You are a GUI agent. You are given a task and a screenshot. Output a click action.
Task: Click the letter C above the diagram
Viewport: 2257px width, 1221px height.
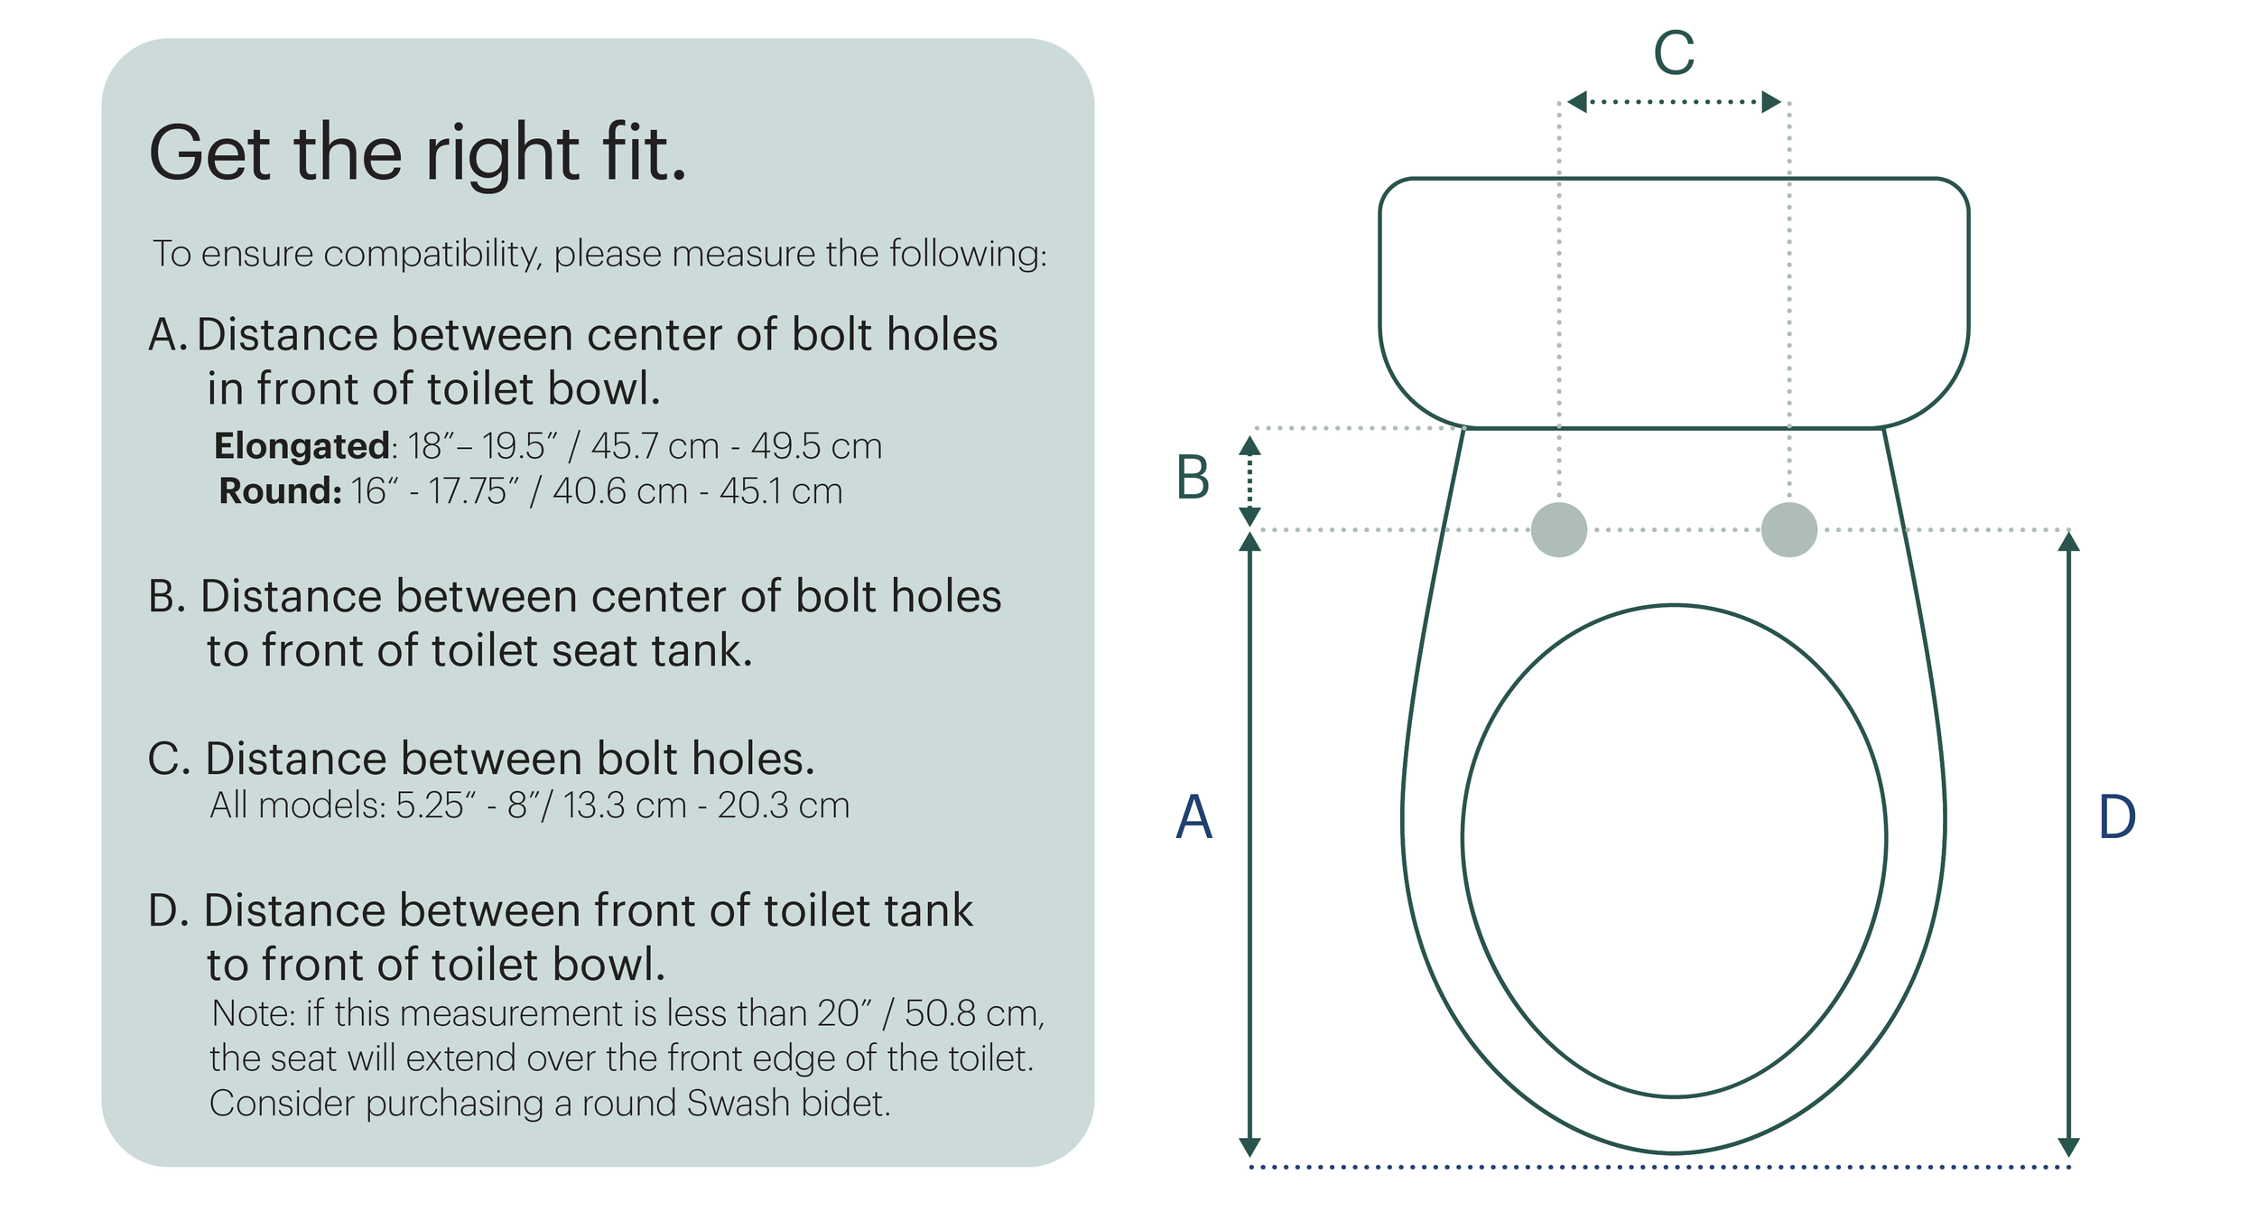click(x=1673, y=53)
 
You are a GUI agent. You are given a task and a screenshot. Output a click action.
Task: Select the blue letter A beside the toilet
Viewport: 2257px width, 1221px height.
click(x=1194, y=816)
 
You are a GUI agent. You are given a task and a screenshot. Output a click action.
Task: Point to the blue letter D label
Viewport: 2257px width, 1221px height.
click(x=2117, y=816)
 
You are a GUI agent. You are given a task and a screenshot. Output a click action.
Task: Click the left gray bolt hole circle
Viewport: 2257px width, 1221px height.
click(x=1558, y=529)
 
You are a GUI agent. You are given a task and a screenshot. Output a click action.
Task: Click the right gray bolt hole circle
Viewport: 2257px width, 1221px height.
click(x=1788, y=529)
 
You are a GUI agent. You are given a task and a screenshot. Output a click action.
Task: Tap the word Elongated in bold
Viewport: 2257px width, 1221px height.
click(x=302, y=445)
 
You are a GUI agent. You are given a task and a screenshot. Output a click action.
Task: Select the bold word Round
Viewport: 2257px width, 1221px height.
click(x=279, y=491)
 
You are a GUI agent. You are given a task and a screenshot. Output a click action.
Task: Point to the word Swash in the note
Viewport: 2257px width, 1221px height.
click(x=738, y=1103)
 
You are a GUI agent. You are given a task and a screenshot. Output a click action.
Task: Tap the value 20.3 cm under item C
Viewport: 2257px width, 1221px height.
click(x=783, y=805)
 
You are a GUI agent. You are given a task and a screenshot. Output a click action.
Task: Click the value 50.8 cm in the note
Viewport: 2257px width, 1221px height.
click(x=973, y=1013)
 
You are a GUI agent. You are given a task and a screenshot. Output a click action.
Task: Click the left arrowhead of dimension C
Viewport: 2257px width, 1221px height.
click(x=1576, y=102)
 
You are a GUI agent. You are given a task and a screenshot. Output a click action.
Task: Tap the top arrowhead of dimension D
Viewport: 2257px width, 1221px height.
click(x=2068, y=542)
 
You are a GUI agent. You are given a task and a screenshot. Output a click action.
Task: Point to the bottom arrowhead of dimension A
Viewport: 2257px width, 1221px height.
click(x=1249, y=1147)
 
